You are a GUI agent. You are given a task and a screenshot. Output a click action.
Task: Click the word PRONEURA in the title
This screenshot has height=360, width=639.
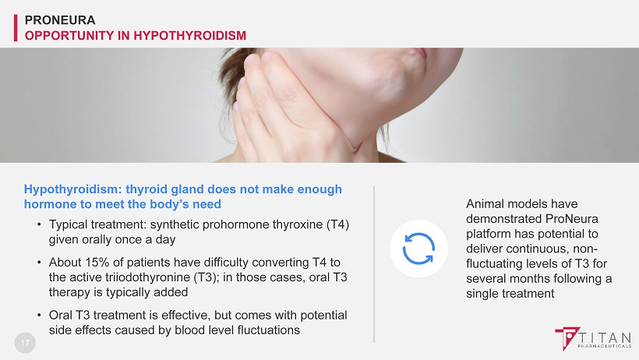point(60,20)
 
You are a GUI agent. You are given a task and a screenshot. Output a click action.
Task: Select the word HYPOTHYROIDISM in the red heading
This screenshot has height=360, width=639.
point(190,36)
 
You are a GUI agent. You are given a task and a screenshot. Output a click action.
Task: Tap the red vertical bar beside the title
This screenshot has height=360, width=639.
point(16,28)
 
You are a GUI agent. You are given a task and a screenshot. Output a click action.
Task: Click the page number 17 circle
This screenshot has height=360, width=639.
point(25,343)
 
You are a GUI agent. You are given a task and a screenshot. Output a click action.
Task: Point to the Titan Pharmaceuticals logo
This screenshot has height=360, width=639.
point(593,338)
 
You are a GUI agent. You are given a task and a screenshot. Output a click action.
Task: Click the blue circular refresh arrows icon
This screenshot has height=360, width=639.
point(418,249)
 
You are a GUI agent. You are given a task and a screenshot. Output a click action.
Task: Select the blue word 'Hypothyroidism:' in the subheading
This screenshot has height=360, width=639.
point(72,189)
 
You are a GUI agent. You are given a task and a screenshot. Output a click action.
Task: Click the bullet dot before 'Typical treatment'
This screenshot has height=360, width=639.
point(39,224)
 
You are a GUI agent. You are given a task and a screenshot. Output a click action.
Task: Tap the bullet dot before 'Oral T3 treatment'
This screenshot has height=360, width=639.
point(39,315)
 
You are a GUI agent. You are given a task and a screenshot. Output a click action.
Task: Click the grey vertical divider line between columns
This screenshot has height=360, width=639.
point(374,264)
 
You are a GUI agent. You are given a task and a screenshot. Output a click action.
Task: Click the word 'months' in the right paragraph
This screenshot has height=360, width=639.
point(556,279)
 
